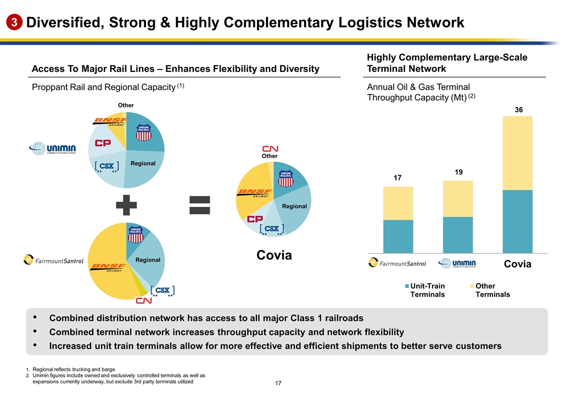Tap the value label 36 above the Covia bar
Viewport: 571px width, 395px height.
[x=518, y=110]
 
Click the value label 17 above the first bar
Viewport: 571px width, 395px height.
[x=398, y=178]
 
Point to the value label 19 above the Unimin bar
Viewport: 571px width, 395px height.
[x=458, y=172]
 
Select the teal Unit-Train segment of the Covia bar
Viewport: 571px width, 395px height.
[x=518, y=221]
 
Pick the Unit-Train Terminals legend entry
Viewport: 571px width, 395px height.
[x=425, y=290]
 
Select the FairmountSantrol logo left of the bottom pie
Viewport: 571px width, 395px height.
[x=53, y=261]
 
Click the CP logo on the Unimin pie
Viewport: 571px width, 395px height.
[x=103, y=143]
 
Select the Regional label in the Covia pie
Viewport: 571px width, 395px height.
[x=294, y=206]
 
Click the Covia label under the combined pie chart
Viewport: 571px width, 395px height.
[x=273, y=255]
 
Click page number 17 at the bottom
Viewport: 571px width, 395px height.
[x=285, y=382]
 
